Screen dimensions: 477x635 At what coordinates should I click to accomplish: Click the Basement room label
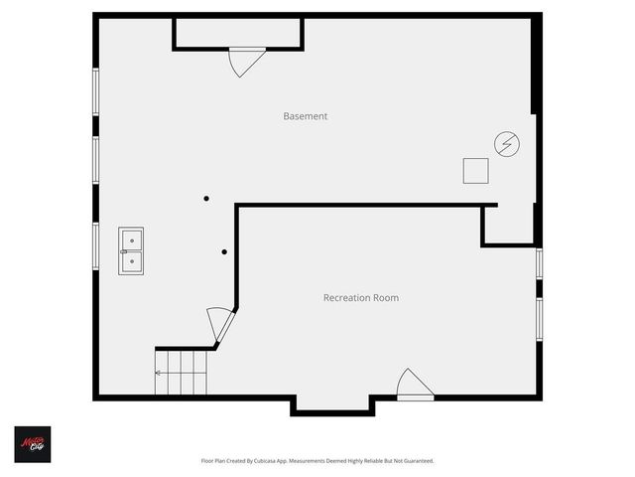click(x=305, y=116)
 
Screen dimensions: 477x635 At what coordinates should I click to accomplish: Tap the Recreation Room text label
click(x=361, y=297)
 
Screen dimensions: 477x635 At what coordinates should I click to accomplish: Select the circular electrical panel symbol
click(x=507, y=145)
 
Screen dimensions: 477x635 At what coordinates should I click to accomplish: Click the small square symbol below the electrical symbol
click(x=475, y=171)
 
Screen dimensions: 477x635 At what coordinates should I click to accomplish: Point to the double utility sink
click(x=131, y=250)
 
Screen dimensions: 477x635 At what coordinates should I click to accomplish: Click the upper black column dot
click(x=206, y=198)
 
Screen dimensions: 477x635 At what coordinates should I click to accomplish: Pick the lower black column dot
click(x=225, y=251)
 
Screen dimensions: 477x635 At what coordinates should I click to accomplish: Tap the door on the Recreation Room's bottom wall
click(x=414, y=386)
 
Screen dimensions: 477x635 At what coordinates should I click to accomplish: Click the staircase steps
click(x=183, y=373)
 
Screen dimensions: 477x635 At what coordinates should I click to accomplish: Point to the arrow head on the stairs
click(x=157, y=373)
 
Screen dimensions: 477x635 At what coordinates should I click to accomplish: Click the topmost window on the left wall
click(x=96, y=90)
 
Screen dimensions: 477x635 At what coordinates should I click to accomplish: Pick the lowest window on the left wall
click(x=96, y=245)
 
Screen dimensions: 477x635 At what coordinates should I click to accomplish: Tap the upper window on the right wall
click(x=539, y=263)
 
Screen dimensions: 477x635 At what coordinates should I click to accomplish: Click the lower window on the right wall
click(x=539, y=318)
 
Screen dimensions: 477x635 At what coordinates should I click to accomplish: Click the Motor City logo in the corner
click(x=32, y=444)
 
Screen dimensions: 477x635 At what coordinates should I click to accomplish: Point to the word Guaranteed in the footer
click(x=414, y=461)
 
